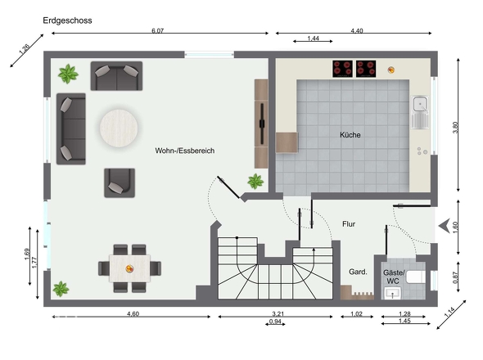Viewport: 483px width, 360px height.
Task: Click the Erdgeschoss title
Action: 67,20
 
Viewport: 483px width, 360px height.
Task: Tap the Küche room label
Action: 350,135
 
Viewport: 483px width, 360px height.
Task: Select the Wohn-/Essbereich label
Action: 185,151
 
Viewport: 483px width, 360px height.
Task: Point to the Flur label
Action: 349,224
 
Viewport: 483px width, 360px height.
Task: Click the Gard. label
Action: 358,272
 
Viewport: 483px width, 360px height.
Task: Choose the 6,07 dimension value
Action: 158,31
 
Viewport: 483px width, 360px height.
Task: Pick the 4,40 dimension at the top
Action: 357,31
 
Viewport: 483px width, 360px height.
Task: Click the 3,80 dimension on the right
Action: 455,128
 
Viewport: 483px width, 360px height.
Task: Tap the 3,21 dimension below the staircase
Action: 278,314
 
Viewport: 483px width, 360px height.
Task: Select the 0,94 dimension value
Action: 275,322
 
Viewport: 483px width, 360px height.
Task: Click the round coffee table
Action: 119,128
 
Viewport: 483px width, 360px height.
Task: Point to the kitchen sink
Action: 421,112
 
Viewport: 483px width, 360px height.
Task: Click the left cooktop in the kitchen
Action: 342,69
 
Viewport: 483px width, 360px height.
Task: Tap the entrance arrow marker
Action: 445,226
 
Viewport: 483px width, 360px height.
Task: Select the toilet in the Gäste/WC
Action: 416,277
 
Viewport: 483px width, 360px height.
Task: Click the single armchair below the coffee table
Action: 120,183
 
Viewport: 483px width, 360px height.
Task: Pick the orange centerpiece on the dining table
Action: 129,269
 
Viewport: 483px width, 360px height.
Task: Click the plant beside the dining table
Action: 61,289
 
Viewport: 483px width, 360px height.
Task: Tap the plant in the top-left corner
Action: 68,74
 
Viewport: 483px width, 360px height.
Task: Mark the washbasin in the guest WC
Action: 392,293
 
